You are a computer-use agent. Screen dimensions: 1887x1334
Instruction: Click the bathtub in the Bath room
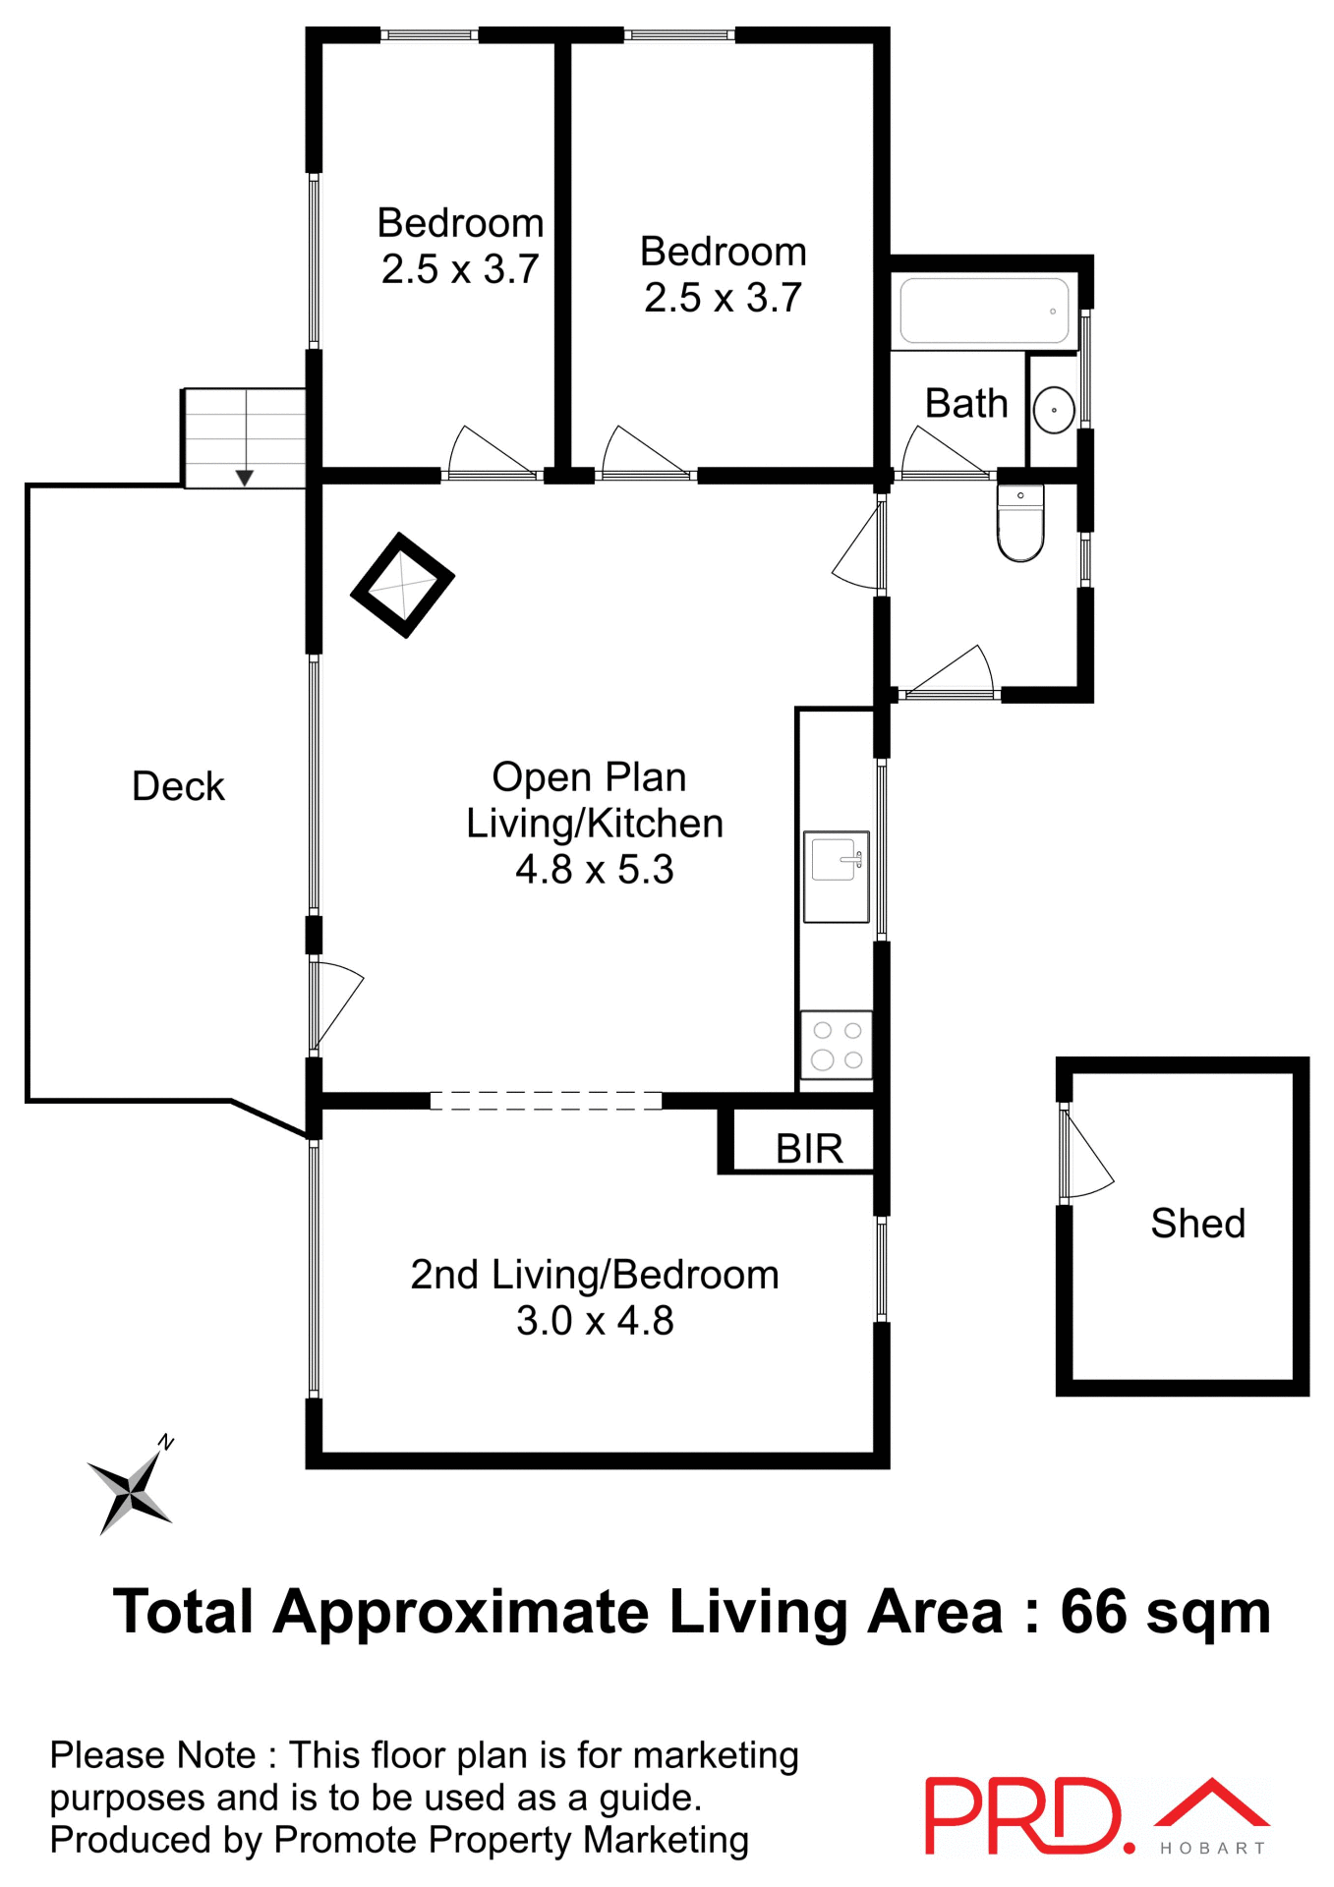coord(984,311)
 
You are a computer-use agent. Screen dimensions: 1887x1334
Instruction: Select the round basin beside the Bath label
coord(1054,410)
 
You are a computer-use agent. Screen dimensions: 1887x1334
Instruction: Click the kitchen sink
coord(837,876)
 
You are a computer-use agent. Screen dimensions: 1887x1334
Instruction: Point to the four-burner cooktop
coord(837,1045)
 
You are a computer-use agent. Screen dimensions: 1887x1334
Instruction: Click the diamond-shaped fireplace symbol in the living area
coord(402,585)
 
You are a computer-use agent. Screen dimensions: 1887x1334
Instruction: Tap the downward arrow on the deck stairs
coord(245,477)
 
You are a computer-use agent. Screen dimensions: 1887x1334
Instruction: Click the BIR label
coord(809,1148)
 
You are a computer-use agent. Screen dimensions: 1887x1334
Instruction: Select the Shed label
coord(1197,1224)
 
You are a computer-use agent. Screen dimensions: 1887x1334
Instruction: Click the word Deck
coord(178,786)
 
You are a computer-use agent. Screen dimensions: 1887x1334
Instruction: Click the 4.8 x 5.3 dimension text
coord(595,870)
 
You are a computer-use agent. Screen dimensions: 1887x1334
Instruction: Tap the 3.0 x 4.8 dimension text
coord(595,1321)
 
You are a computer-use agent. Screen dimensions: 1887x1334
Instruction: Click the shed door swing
coord(1085,1155)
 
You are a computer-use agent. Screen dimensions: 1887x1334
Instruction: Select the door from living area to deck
coord(334,1007)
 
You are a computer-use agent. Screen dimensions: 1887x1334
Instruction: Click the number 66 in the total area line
coord(1093,1613)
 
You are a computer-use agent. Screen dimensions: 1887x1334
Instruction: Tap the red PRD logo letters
coord(1022,1816)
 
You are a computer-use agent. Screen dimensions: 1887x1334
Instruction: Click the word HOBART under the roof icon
coord(1212,1849)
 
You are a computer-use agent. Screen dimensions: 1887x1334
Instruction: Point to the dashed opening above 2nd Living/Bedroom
coord(546,1101)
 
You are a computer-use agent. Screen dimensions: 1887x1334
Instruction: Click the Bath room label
coord(966,404)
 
